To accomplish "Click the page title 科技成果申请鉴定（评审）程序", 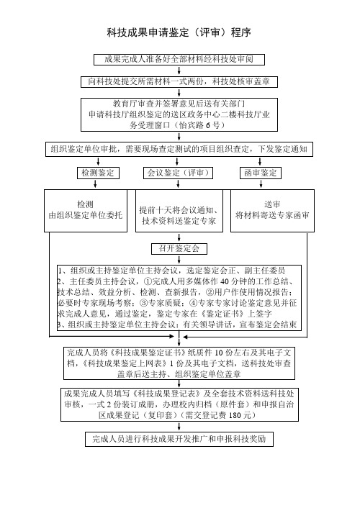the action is point(179,32).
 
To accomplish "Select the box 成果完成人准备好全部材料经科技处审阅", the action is point(179,60).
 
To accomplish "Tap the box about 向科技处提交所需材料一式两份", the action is point(179,81).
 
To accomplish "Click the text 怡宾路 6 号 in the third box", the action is point(199,125).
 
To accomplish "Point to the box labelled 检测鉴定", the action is point(98,173).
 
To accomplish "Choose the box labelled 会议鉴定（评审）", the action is point(178,173).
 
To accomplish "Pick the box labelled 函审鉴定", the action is point(261,173).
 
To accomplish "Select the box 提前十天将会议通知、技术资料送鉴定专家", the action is point(179,211).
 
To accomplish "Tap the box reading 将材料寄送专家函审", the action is point(272,211).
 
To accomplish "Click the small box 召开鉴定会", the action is point(179,249).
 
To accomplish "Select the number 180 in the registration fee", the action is point(235,415).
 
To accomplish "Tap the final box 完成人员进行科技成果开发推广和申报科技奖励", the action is point(179,439).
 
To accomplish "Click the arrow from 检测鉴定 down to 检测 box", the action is point(95,183).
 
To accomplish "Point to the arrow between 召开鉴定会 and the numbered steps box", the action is point(179,260).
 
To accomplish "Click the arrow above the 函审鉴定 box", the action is point(260,162).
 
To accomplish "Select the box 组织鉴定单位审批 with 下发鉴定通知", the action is point(179,150).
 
